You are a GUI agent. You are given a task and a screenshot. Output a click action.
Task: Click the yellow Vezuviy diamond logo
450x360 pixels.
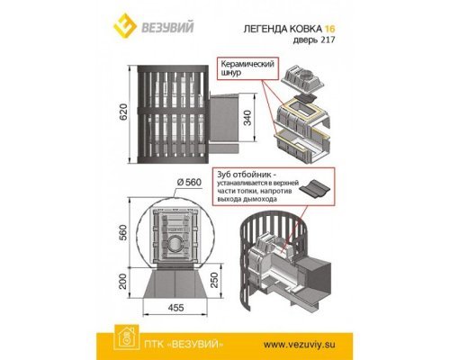tap(124, 25)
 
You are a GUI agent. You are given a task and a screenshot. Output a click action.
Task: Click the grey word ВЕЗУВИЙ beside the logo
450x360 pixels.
tap(167, 27)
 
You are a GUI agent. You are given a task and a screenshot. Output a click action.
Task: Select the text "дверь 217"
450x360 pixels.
tap(313, 40)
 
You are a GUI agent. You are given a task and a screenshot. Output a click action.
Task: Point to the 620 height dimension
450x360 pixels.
tap(123, 112)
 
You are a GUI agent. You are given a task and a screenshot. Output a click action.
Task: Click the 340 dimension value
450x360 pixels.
tap(247, 118)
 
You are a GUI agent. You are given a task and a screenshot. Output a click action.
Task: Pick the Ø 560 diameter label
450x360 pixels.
tap(189, 182)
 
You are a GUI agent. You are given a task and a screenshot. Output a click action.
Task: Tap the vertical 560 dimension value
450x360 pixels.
tap(123, 232)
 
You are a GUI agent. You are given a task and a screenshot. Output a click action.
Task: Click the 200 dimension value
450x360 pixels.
tap(123, 281)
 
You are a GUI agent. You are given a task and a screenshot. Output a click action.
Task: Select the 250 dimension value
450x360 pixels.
tap(214, 280)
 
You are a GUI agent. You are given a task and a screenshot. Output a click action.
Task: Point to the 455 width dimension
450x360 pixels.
tap(175, 308)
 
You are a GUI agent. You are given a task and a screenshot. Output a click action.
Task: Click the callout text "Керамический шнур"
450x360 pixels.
tap(247, 68)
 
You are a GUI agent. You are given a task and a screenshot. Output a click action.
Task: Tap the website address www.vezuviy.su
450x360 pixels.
tap(300, 345)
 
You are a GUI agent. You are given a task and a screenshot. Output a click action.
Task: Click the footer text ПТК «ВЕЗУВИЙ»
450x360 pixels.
tap(184, 344)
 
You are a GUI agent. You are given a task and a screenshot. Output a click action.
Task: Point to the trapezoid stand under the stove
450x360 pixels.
tap(175, 284)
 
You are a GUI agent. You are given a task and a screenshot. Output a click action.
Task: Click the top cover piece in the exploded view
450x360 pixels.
tap(302, 78)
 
